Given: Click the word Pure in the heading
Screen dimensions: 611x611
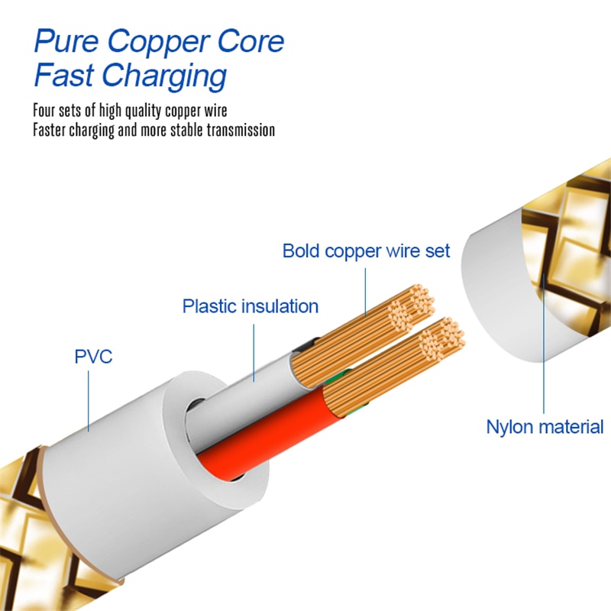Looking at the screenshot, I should [x=66, y=41].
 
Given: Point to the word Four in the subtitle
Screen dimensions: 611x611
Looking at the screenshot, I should [x=47, y=111].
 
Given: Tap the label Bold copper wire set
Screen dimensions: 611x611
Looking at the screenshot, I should [x=366, y=251].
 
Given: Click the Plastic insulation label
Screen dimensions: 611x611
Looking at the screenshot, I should [x=250, y=307].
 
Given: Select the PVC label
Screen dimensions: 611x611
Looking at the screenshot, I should [x=93, y=356].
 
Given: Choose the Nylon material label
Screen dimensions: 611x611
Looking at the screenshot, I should [x=545, y=426].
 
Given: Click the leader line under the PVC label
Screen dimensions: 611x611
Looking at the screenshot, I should [x=89, y=397].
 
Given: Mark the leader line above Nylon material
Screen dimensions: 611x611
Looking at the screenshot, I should [x=544, y=351].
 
